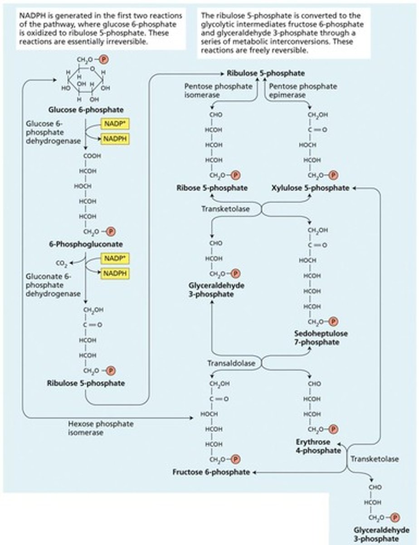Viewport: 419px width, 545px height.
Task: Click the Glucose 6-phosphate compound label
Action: pyautogui.click(x=86, y=109)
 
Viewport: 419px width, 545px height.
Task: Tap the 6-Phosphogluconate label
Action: pyautogui.click(x=86, y=244)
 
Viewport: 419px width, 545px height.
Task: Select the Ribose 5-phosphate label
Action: pyautogui.click(x=212, y=188)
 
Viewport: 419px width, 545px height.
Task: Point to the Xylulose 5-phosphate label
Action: pyautogui.click(x=311, y=188)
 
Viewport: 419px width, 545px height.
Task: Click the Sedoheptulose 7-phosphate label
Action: pyautogui.click(x=321, y=338)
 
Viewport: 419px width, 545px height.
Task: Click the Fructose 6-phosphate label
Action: pyautogui.click(x=211, y=472)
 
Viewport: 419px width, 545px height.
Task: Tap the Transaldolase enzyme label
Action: pyautogui.click(x=231, y=363)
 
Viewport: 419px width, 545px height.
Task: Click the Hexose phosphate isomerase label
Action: pyautogui.click(x=101, y=428)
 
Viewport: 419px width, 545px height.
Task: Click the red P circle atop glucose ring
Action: pyautogui.click(x=104, y=59)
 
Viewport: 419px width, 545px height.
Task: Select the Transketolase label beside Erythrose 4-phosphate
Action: pyautogui.click(x=375, y=459)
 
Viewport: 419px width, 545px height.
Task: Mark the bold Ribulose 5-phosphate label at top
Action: pyautogui.click(x=259, y=73)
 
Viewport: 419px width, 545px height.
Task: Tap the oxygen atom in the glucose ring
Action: pyautogui.click(x=93, y=69)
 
